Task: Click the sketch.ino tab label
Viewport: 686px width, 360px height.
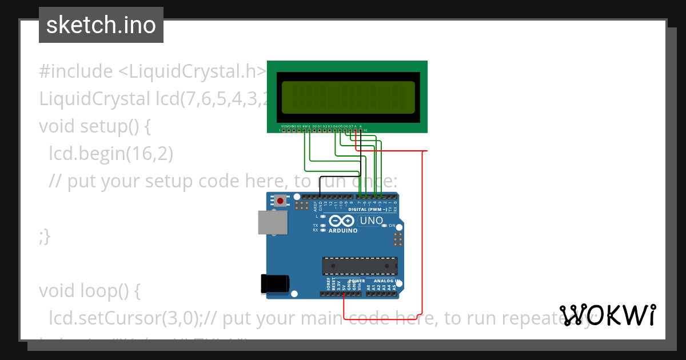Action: click(x=101, y=25)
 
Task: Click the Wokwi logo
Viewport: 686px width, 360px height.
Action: click(x=608, y=315)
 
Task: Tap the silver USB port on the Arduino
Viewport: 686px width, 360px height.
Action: click(x=273, y=222)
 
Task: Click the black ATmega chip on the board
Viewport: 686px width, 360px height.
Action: click(x=360, y=266)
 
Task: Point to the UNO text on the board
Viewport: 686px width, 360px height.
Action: click(x=371, y=221)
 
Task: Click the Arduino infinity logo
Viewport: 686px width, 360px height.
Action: click(x=342, y=221)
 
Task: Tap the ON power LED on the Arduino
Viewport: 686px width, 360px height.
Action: click(x=384, y=226)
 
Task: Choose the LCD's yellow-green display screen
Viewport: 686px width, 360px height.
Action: click(x=348, y=97)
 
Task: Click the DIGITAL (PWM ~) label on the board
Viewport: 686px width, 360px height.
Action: click(x=369, y=210)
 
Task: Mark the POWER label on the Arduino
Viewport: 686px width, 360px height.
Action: click(x=357, y=281)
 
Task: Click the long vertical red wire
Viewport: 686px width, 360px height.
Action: click(x=422, y=229)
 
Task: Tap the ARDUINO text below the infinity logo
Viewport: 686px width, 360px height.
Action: click(x=343, y=231)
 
